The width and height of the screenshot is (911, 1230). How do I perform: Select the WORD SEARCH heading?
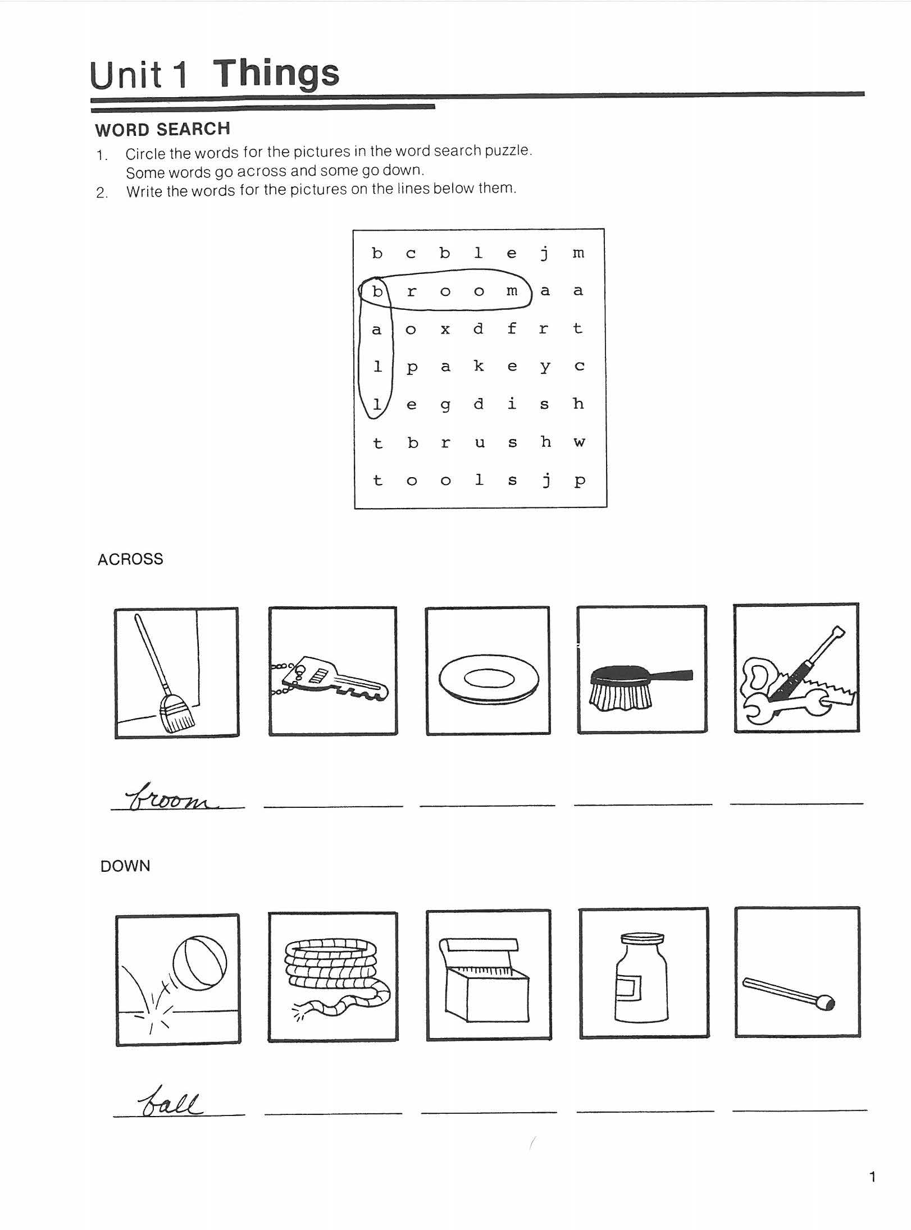(162, 130)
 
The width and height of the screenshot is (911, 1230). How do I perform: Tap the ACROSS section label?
(130, 559)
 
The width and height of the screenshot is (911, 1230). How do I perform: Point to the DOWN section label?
(125, 866)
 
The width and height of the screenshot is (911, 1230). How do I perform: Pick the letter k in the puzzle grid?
(479, 367)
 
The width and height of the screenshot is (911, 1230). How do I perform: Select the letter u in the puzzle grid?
(479, 443)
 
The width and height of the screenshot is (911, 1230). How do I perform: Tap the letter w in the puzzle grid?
(579, 443)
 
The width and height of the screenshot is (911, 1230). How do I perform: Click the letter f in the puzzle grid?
(512, 328)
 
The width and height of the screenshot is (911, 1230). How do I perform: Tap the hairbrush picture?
(641, 687)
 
